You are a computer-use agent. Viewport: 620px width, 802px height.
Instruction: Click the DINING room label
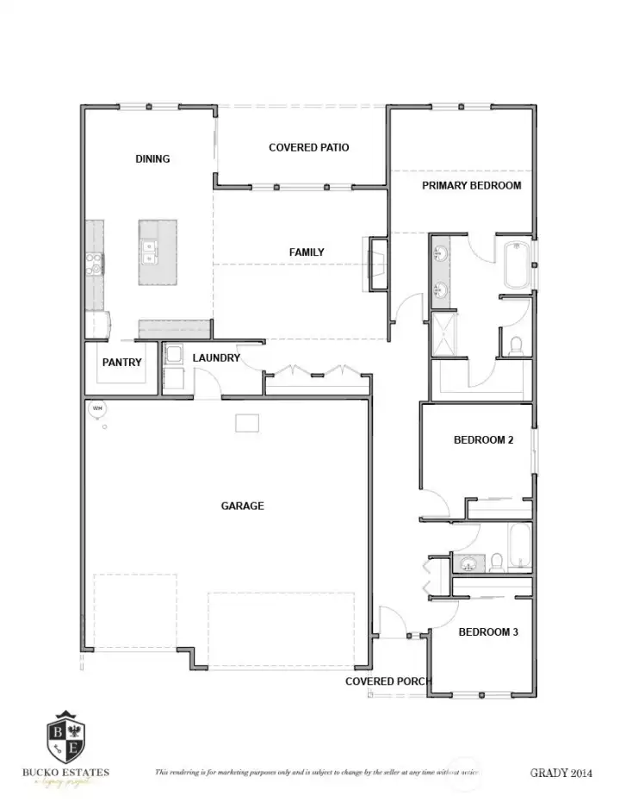[152, 159]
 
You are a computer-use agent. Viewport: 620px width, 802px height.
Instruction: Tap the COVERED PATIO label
[308, 147]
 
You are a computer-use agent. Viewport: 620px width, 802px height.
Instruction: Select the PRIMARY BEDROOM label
[471, 185]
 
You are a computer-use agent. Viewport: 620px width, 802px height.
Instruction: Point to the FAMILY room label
[307, 252]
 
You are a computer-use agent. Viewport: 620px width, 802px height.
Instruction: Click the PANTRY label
[121, 363]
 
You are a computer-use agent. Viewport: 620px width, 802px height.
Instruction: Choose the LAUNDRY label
[216, 357]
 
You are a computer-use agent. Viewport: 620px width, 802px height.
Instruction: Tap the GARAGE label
[242, 506]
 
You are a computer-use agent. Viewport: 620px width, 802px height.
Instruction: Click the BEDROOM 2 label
[483, 440]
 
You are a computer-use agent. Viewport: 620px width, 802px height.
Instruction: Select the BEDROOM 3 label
[487, 632]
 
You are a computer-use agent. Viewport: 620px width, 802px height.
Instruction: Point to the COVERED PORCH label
[388, 681]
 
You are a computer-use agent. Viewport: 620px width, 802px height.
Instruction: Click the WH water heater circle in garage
[97, 408]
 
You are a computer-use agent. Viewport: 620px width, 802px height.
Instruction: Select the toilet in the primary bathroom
[517, 346]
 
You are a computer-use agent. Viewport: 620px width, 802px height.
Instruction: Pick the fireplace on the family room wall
[377, 262]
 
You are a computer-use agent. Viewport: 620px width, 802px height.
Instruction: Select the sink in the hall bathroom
[470, 564]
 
